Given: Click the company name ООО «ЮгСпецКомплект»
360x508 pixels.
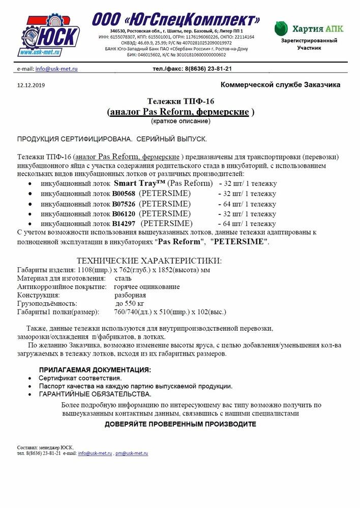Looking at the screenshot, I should [176, 20].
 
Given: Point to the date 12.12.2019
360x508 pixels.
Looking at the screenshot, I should [31, 85].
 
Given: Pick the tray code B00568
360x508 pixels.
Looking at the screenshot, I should [125, 194].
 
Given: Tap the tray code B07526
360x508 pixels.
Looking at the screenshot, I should [125, 204].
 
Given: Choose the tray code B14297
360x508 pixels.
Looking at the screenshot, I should [125, 224].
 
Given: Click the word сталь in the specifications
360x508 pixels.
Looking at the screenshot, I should [124, 278].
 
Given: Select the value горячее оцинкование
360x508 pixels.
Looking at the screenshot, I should [146, 287].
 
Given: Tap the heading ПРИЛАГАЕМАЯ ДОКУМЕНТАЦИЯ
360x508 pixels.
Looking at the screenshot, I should [95, 369].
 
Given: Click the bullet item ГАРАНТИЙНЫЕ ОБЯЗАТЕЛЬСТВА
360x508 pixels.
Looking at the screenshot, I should [95, 394].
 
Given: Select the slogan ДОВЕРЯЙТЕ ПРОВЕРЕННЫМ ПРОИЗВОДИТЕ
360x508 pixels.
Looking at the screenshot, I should [180, 424].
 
